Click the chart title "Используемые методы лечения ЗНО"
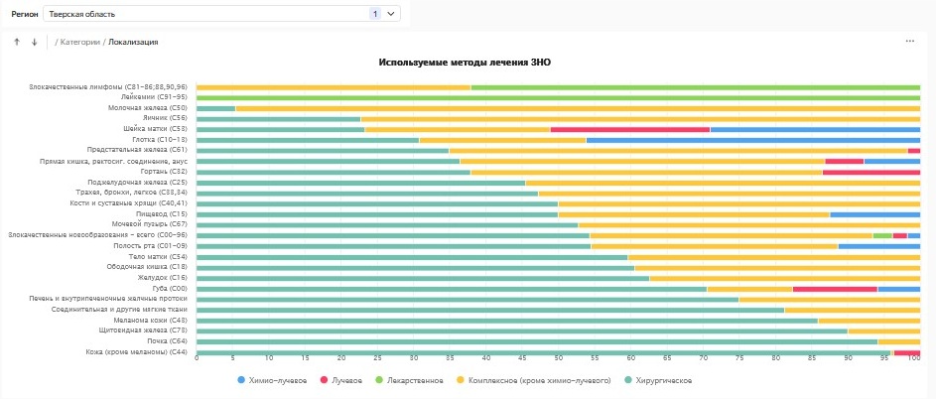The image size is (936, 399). pos(465,62)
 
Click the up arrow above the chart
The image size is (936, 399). pos(16,42)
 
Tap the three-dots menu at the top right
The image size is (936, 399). pos(909,42)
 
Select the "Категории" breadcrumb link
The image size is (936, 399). pos(80,42)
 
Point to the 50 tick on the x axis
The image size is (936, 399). pos(558,357)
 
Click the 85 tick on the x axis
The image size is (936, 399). pos(812,357)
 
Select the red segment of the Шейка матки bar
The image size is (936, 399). pos(629,129)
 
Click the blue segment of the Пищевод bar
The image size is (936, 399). pos(874,214)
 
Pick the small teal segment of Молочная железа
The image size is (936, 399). pos(215,108)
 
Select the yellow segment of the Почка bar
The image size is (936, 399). pos(898,341)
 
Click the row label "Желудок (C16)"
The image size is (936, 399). pos(161,278)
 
